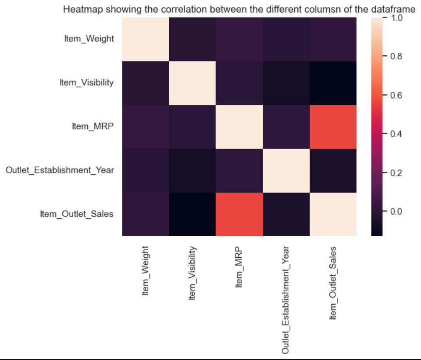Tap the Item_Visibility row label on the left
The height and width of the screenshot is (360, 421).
click(x=87, y=83)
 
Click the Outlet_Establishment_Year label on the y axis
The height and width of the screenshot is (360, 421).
click(x=60, y=170)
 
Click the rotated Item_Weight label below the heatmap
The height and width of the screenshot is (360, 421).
click(x=146, y=270)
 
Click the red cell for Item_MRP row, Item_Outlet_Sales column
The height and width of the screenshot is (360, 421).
click(x=332, y=127)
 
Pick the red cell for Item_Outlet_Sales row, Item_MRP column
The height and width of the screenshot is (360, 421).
click(x=239, y=215)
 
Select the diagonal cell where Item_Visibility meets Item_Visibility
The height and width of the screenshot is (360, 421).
click(x=192, y=83)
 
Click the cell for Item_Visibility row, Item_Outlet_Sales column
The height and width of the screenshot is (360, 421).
click(x=332, y=83)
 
